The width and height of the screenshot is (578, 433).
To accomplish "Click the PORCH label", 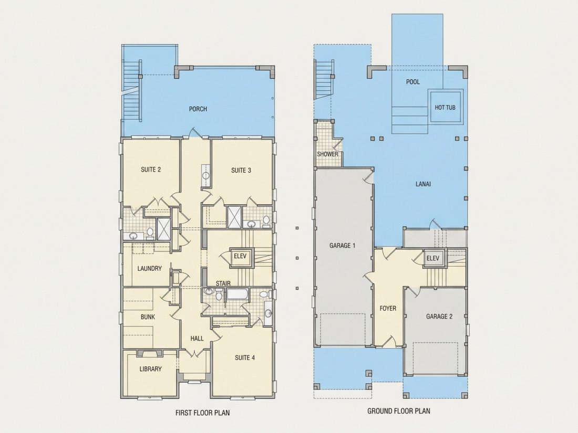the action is pyautogui.click(x=198, y=109).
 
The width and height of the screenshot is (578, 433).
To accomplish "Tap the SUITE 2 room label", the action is pyautogui.click(x=151, y=170).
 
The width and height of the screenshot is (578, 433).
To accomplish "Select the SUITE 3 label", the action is pyautogui.click(x=241, y=170).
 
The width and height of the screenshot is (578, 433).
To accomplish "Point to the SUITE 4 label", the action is pyautogui.click(x=245, y=357).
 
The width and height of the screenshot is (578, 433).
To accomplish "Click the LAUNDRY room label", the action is pyautogui.click(x=149, y=268).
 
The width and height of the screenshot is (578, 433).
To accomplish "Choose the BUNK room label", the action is pyautogui.click(x=148, y=316).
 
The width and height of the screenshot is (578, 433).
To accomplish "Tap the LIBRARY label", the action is pyautogui.click(x=150, y=369).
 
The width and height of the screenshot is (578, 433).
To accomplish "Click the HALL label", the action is pyautogui.click(x=197, y=339).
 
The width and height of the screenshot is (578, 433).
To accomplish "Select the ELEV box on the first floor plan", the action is pyautogui.click(x=240, y=256).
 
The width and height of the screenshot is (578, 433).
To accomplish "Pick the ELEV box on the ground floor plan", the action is pyautogui.click(x=433, y=258).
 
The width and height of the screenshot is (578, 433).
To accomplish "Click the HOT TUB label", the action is pyautogui.click(x=445, y=108).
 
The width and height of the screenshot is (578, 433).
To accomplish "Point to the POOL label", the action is pyautogui.click(x=413, y=82).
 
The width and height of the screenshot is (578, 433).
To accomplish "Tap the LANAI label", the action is pyautogui.click(x=423, y=184).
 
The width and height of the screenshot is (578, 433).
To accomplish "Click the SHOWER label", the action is pyautogui.click(x=328, y=154).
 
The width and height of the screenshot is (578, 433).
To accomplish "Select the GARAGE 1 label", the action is pyautogui.click(x=343, y=245).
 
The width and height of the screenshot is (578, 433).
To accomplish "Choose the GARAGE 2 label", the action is pyautogui.click(x=439, y=316).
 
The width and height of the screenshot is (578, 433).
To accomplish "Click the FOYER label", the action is pyautogui.click(x=388, y=308).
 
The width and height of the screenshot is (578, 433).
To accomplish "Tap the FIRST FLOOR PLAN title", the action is pyautogui.click(x=202, y=413).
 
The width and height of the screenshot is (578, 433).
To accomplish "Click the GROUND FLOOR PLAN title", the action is pyautogui.click(x=399, y=411).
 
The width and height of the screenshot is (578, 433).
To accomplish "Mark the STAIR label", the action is pyautogui.click(x=223, y=283).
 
